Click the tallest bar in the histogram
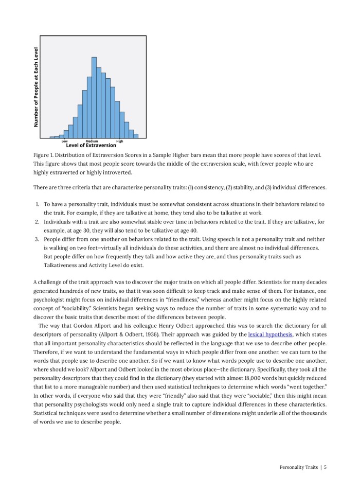(x=94, y=98)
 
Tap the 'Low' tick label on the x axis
(x=64, y=141)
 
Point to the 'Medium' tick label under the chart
(x=92, y=141)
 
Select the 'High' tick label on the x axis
(x=120, y=141)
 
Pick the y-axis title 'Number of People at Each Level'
(x=36, y=87)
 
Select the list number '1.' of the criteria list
(x=38, y=204)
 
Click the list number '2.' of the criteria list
(x=38, y=222)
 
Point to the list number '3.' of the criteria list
(x=38, y=239)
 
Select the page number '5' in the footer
(x=325, y=467)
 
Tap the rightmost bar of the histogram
(x=136, y=135)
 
